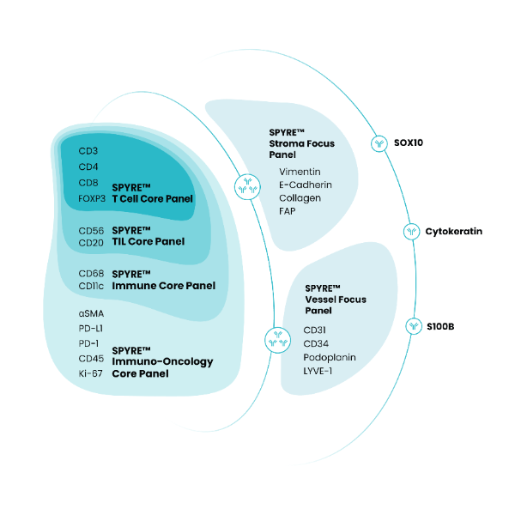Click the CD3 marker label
point(88,151)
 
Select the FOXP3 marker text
point(92,198)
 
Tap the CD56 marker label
point(91,230)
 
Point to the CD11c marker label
point(92,285)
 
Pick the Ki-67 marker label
point(90,373)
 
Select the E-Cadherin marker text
point(306,184)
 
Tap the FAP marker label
point(288,210)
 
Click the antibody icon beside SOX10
point(379,142)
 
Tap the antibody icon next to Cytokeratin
point(412,232)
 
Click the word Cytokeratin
point(454,232)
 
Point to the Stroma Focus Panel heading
point(301,143)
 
